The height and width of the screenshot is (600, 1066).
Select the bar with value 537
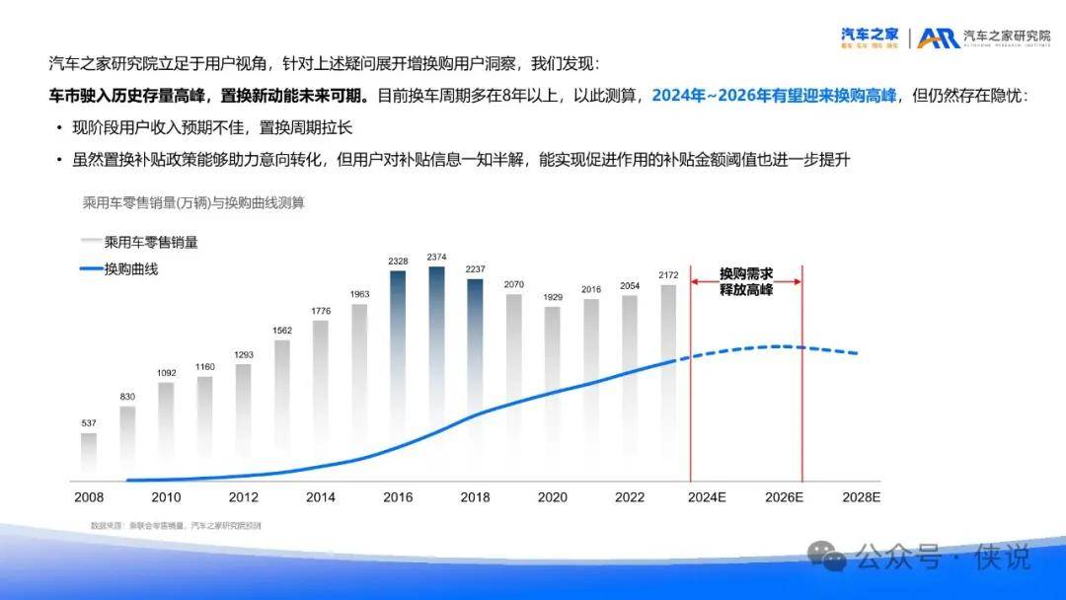pos(89,452)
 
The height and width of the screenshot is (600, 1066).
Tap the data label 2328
pos(398,261)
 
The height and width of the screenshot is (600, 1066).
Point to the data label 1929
pos(552,296)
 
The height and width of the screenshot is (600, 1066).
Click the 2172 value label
pos(668,274)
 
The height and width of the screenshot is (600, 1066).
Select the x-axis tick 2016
pos(398,497)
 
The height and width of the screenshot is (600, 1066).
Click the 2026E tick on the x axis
pos(785,497)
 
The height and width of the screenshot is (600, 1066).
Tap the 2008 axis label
pos(89,497)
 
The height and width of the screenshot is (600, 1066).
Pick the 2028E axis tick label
pos(862,497)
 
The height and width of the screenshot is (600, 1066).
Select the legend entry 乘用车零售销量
pos(151,241)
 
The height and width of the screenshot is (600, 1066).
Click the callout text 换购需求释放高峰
pos(746,281)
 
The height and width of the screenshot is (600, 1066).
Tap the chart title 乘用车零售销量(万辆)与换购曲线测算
pos(193,202)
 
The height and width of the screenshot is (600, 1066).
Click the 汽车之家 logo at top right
pos(869,37)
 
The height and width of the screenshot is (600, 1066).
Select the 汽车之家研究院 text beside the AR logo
pos(1007,37)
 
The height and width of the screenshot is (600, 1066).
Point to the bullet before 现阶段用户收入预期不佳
pos(60,128)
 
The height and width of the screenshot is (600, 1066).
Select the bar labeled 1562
pos(282,405)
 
